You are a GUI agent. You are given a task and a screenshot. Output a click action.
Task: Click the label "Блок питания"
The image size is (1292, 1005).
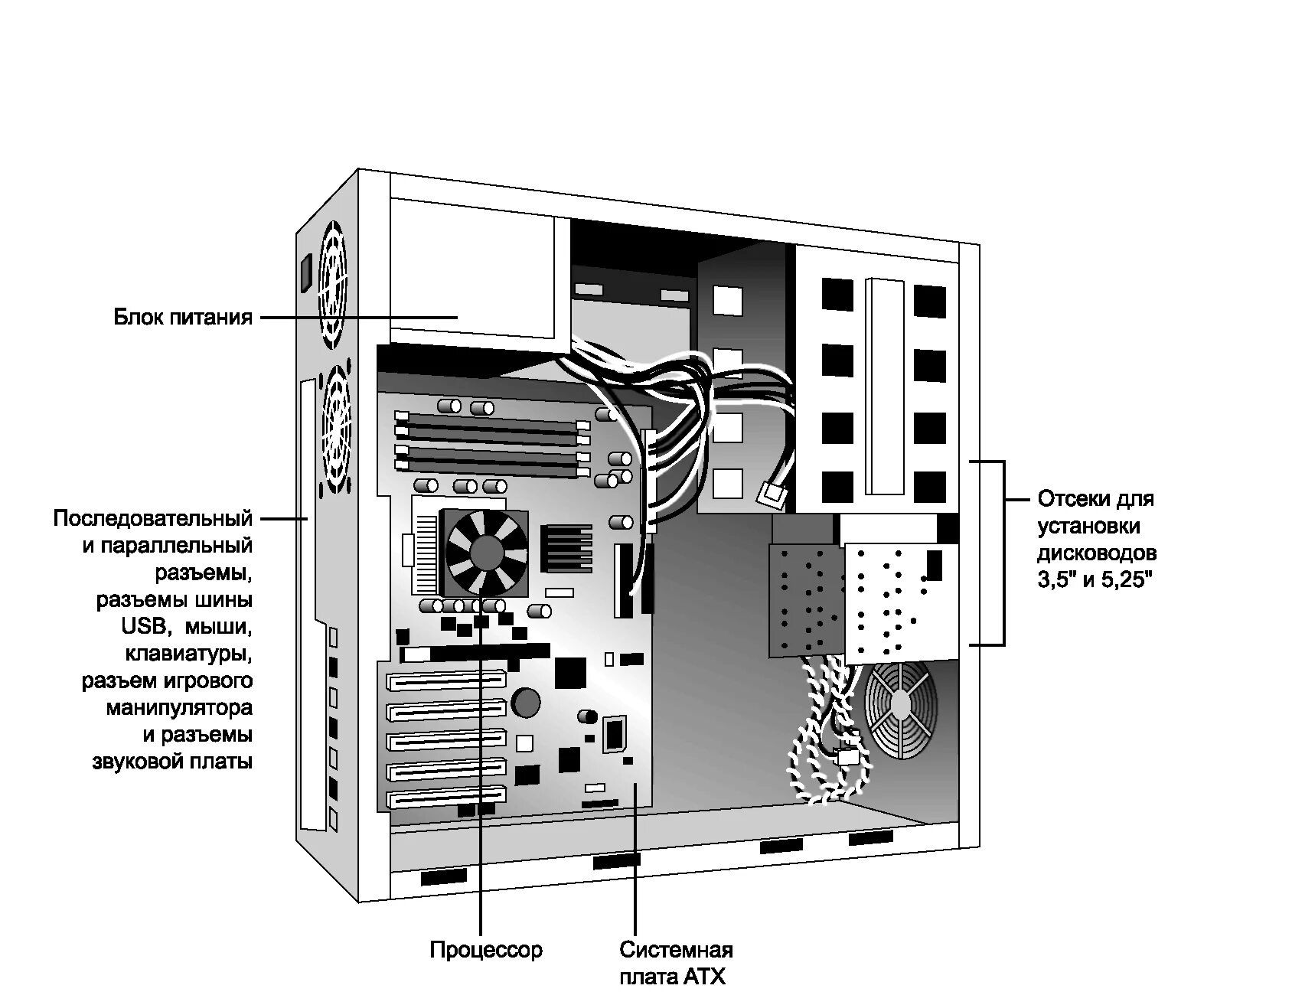pyautogui.click(x=183, y=316)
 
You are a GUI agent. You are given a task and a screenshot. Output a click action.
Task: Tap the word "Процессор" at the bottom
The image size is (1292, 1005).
pyautogui.click(x=485, y=950)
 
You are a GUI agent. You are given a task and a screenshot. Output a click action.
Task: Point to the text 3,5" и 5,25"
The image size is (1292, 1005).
pyautogui.click(x=1095, y=579)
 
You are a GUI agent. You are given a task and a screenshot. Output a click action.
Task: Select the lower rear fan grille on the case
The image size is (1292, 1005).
pyautogui.click(x=336, y=430)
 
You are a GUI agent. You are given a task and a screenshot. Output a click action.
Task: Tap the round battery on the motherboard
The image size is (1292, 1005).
pyautogui.click(x=527, y=701)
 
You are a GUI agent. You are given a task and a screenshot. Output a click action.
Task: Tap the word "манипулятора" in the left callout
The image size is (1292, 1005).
pyautogui.click(x=179, y=707)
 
